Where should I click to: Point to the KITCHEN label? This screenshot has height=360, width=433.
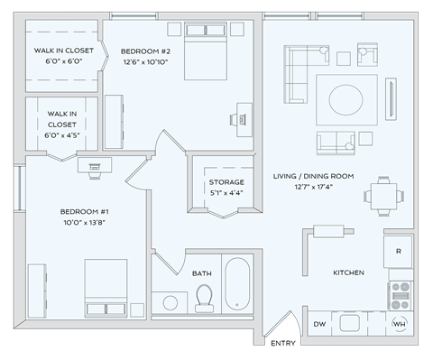pyautogui.click(x=348, y=272)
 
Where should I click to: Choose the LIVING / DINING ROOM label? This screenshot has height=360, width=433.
pyautogui.click(x=312, y=176)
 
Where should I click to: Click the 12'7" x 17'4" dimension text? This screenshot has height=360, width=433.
pyautogui.click(x=312, y=187)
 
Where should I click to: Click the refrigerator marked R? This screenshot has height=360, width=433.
pyautogui.click(x=398, y=251)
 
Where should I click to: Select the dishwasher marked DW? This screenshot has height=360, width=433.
pyautogui.click(x=319, y=323)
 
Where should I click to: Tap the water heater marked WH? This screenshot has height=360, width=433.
pyautogui.click(x=399, y=323)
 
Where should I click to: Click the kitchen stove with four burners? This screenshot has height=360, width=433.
pyautogui.click(x=400, y=293)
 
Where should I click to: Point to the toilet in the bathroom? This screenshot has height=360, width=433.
pyautogui.click(x=204, y=297)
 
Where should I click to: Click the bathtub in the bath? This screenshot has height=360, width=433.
pyautogui.click(x=239, y=283)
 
